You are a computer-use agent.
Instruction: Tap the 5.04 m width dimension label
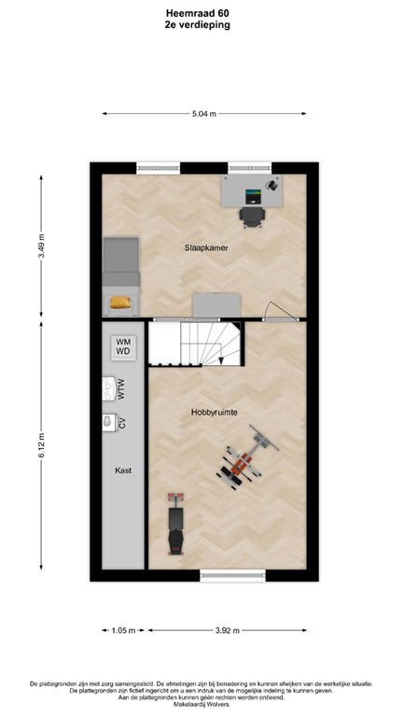click(203, 114)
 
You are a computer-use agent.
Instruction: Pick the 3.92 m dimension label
click(227, 630)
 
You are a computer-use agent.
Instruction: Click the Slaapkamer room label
click(207, 247)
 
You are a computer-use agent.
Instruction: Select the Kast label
click(123, 471)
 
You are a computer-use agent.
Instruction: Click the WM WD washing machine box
click(123, 347)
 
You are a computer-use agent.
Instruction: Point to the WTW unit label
click(121, 387)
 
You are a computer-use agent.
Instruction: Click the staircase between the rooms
click(196, 344)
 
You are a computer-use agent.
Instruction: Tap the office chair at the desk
click(252, 216)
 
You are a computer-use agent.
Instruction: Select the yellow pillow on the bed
click(120, 301)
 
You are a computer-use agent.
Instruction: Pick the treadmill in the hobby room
click(173, 527)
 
